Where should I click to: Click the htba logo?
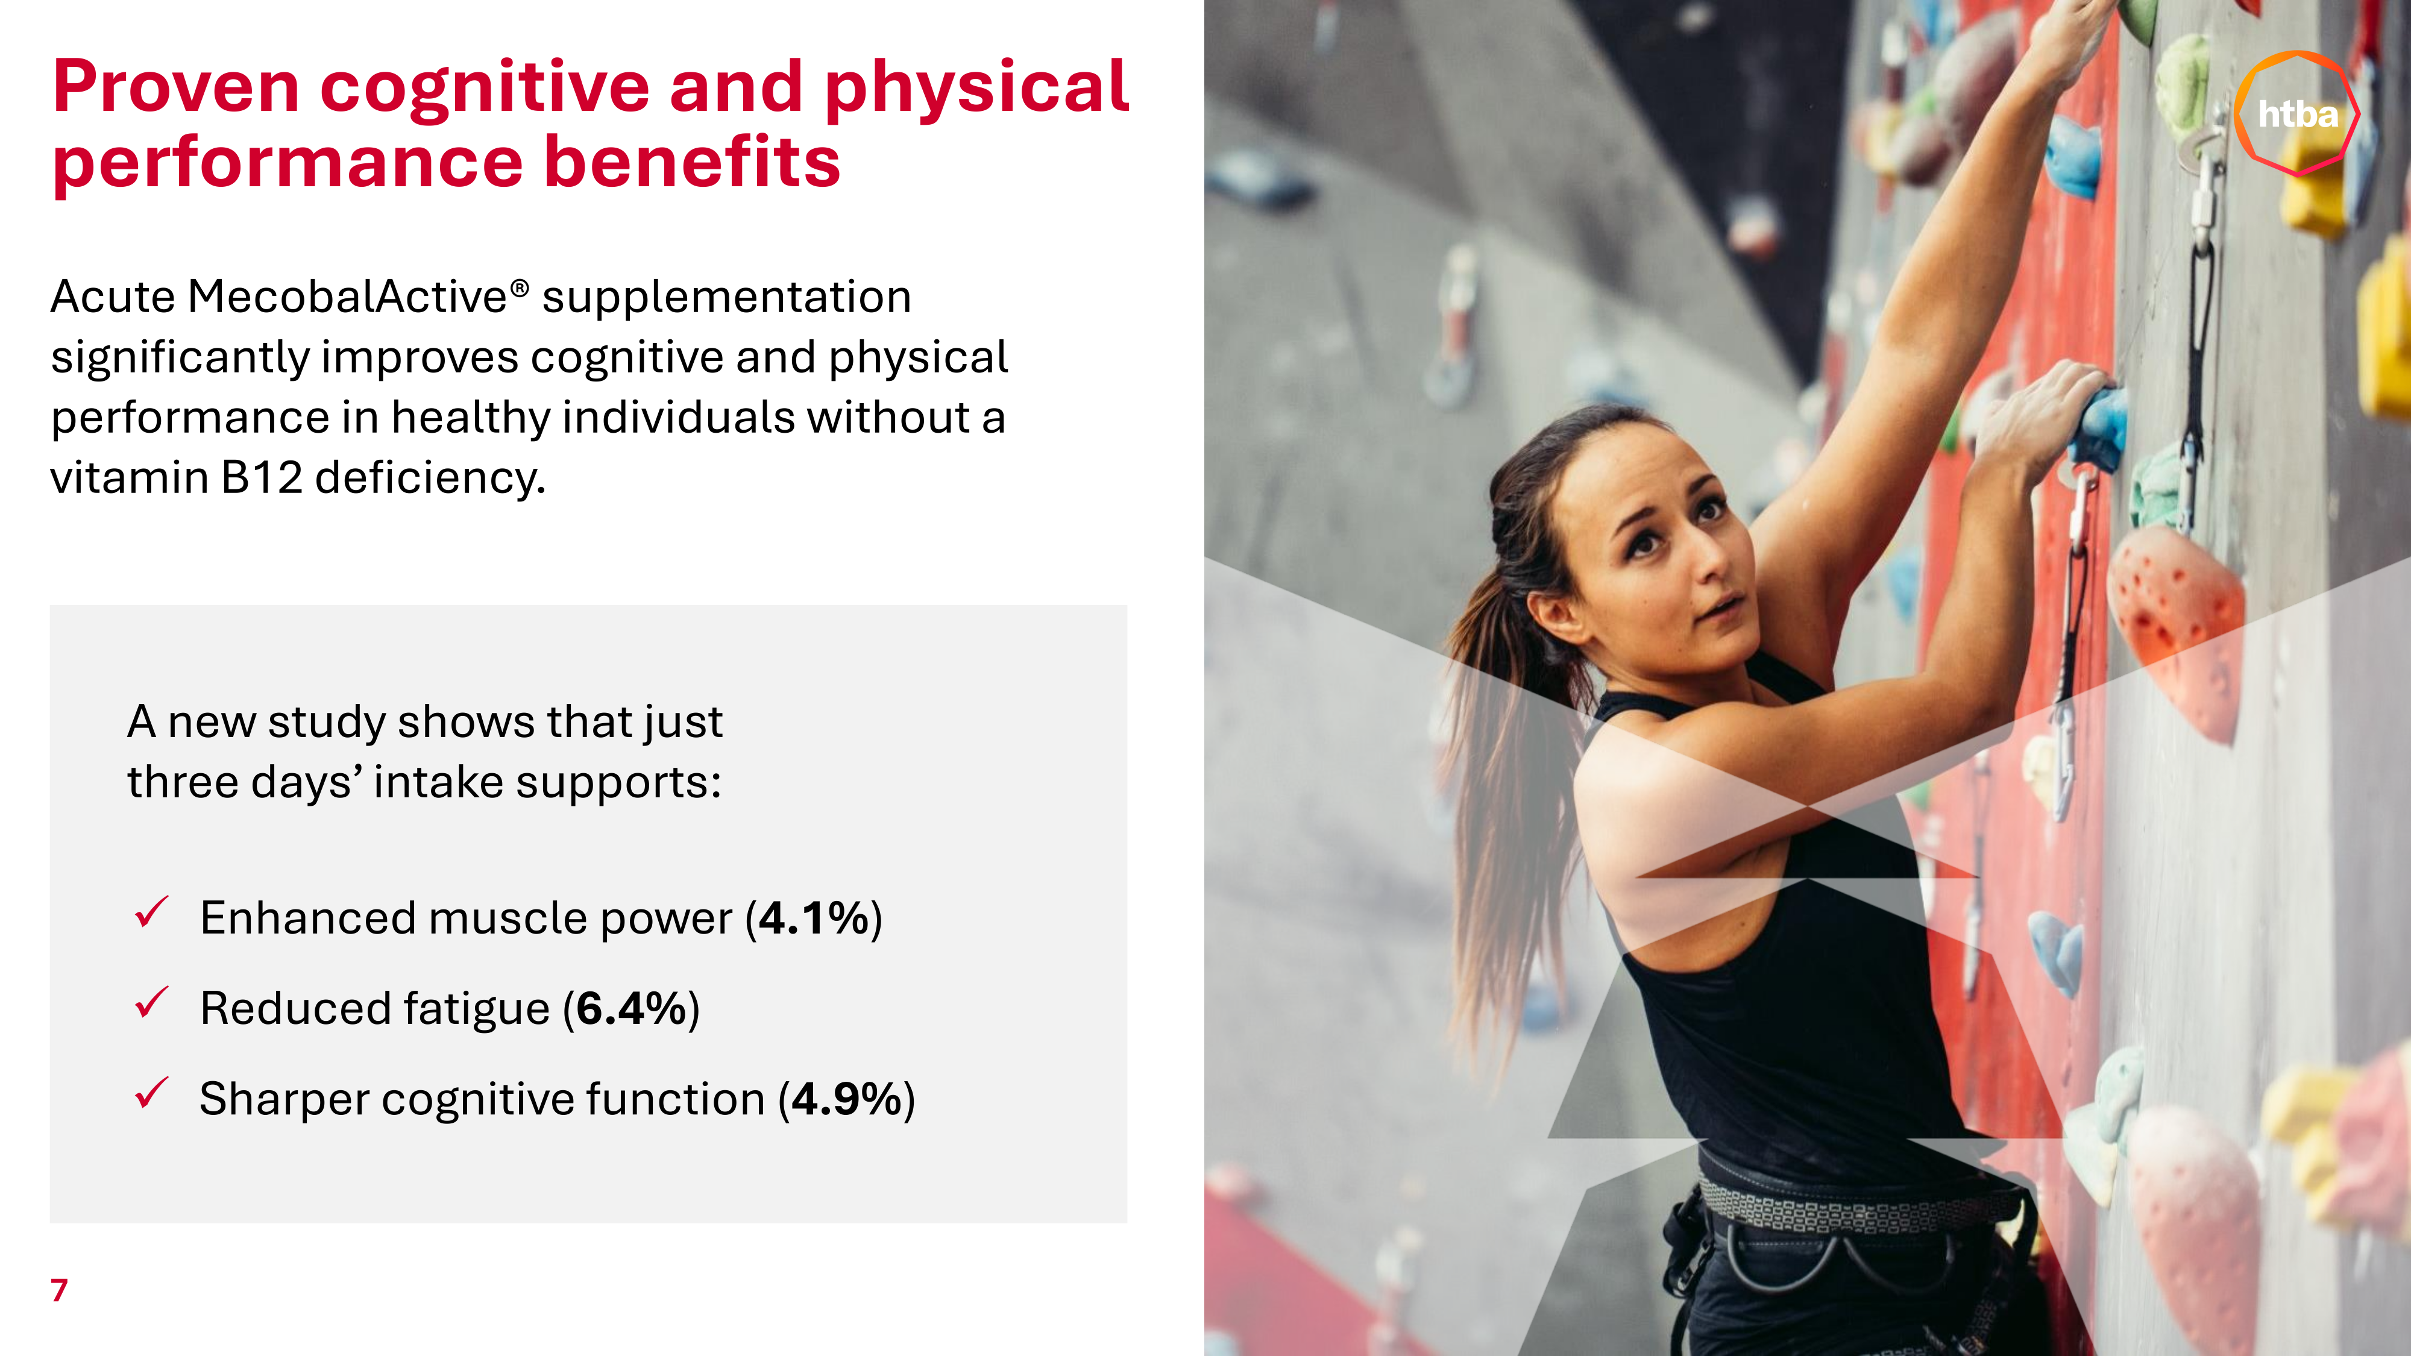pyautogui.click(x=2297, y=113)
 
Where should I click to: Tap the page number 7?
pyautogui.click(x=59, y=1290)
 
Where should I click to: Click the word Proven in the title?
pyautogui.click(x=176, y=87)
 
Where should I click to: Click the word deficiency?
pyautogui.click(x=430, y=478)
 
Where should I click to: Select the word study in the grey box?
pyautogui.click(x=327, y=723)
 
